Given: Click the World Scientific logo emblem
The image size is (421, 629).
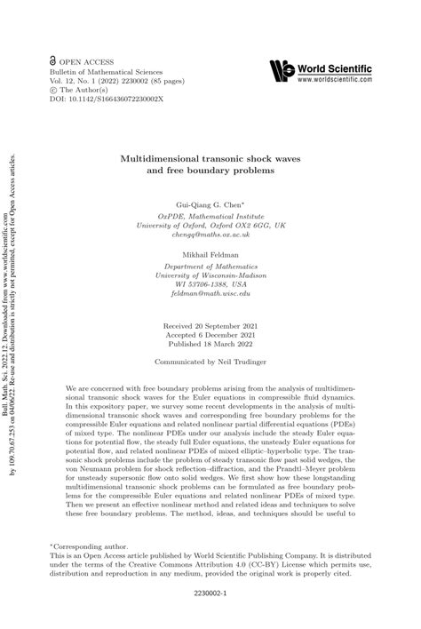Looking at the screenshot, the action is coord(282,70).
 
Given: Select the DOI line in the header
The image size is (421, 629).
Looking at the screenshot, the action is coord(100,99).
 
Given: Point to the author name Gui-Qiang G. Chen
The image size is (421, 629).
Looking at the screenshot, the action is coord(210,204).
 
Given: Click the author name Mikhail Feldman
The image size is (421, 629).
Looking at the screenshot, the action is coord(210,253).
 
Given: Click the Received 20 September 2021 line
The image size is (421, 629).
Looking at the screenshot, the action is coord(210,326).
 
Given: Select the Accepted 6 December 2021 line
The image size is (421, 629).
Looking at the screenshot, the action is coord(210,337).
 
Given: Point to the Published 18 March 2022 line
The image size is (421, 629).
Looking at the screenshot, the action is coord(210,346).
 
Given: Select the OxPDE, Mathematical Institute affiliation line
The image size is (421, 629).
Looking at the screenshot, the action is coord(210,215).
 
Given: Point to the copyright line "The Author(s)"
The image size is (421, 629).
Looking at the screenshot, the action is coord(90,89).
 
